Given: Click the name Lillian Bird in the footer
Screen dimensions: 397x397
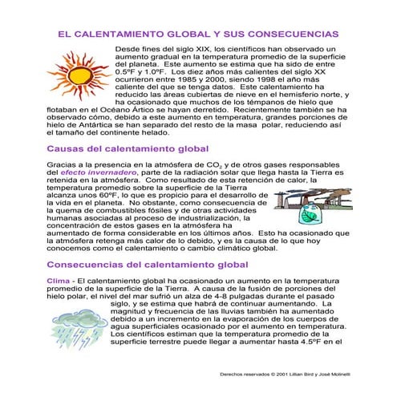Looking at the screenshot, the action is pyautogui.click(x=302, y=374).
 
